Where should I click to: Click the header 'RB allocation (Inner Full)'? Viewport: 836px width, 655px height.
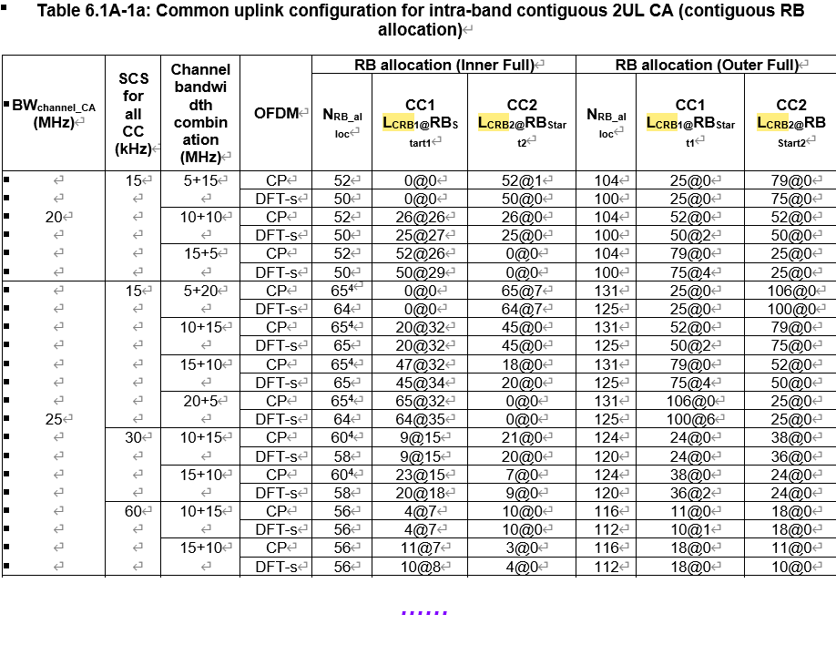(443, 66)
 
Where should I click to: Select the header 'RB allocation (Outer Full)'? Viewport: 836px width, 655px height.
(706, 66)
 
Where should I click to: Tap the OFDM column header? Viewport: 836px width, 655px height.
(276, 113)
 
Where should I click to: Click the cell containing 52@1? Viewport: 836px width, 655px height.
(521, 180)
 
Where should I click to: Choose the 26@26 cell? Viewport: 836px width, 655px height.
(419, 217)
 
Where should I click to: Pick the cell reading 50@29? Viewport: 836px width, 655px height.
(419, 272)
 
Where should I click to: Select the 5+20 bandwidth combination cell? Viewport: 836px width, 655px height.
(199, 291)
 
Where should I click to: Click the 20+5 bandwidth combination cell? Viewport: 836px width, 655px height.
(199, 401)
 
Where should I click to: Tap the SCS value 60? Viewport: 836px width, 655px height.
(133, 511)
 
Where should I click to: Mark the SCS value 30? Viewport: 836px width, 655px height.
(133, 437)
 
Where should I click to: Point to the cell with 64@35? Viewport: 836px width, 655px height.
(419, 419)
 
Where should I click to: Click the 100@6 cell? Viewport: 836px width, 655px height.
(689, 419)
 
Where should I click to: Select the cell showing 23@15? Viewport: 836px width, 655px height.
(419, 475)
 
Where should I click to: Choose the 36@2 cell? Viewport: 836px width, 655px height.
(689, 493)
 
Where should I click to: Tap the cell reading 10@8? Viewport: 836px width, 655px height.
(419, 567)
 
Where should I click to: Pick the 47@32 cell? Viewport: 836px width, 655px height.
(419, 364)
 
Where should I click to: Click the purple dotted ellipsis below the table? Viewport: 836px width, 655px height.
(423, 612)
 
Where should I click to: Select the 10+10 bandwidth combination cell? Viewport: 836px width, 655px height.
(199, 217)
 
